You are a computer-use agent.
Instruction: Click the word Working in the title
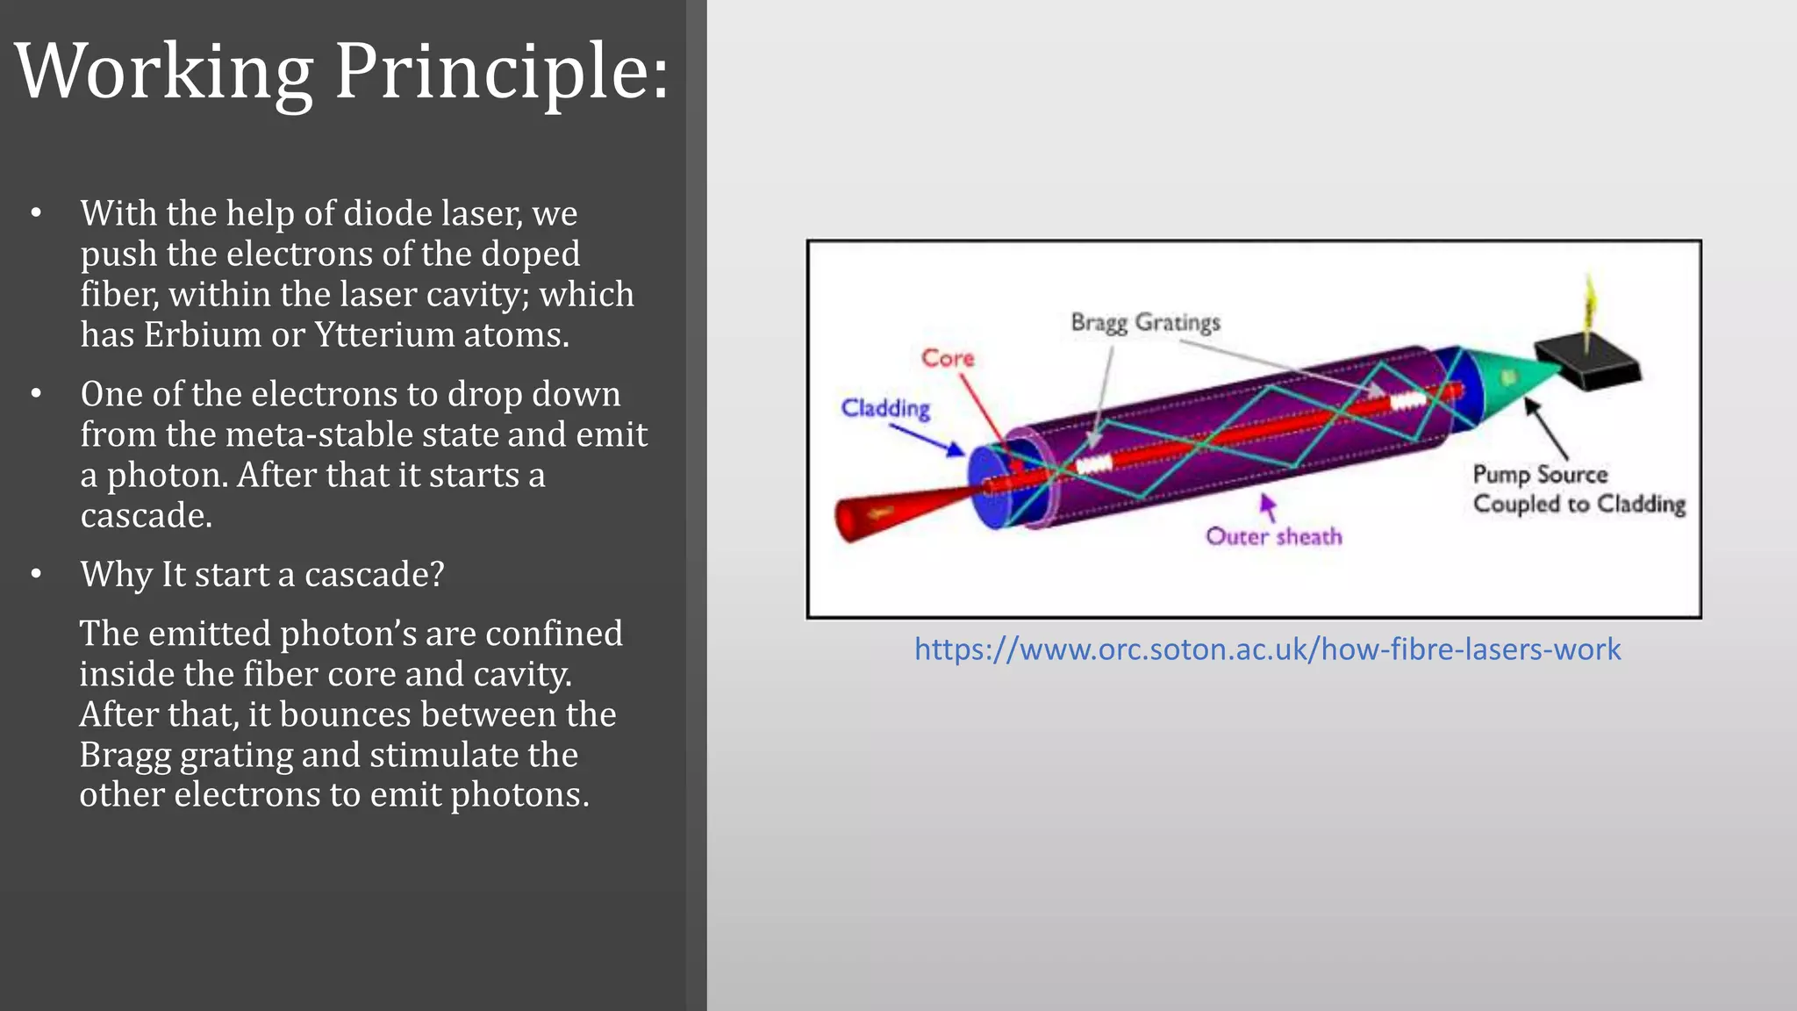[164, 72]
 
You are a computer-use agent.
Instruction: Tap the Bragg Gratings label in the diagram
[1145, 323]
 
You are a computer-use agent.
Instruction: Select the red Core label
[948, 358]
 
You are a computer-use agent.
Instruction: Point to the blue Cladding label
[885, 408]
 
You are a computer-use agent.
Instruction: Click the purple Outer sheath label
[1273, 536]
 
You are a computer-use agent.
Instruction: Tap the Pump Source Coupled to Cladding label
[1578, 489]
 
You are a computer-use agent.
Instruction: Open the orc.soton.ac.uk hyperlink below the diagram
[1267, 649]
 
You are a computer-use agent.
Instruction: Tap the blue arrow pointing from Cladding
[927, 439]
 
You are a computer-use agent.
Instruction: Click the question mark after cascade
[436, 575]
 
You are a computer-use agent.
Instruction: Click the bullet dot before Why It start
[36, 575]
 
